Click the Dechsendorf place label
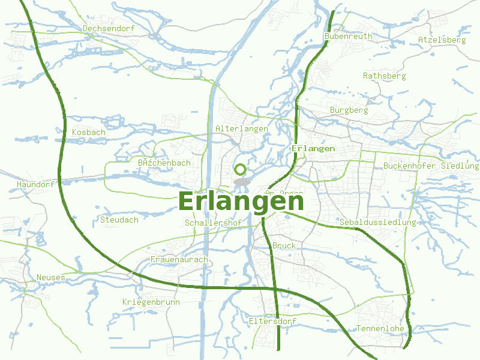tap(109, 28)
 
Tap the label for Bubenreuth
tap(348, 36)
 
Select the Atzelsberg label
tap(442, 40)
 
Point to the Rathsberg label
tap(384, 76)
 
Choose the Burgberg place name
tap(349, 110)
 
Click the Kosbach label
tap(88, 132)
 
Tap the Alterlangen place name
tap(241, 129)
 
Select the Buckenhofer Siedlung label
tap(431, 166)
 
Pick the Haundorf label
tap(36, 184)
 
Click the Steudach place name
tap(119, 220)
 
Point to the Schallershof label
tap(214, 223)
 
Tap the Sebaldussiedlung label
tap(377, 223)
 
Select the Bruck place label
tap(284, 246)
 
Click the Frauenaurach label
tap(179, 259)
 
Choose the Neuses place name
tap(50, 277)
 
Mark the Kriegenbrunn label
tap(151, 302)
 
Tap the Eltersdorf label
tap(272, 322)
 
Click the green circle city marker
tap(241, 170)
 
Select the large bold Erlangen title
tap(241, 201)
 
